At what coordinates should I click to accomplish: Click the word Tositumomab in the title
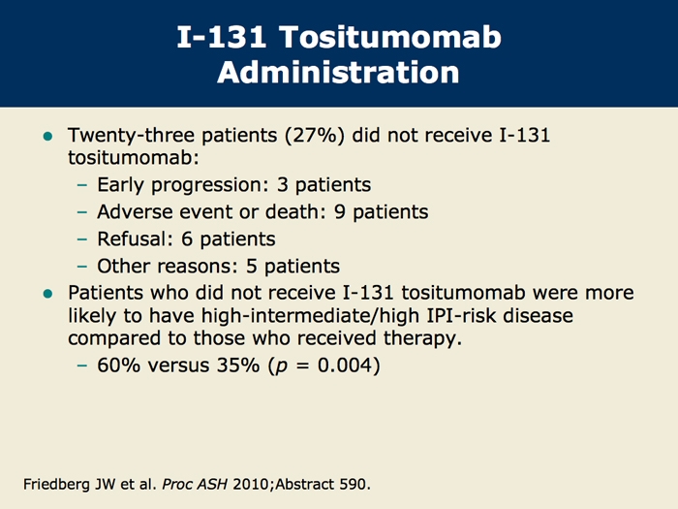click(390, 37)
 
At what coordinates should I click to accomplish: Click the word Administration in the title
click(338, 72)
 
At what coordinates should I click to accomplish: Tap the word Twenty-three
click(131, 136)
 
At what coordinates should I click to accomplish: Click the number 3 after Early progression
click(283, 185)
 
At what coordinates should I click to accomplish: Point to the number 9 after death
click(340, 212)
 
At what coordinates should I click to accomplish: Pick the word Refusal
click(133, 239)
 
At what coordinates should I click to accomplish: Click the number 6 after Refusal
click(187, 239)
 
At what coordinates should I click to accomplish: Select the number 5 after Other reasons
click(251, 267)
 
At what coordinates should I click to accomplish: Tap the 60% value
click(119, 366)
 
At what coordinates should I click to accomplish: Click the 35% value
click(238, 366)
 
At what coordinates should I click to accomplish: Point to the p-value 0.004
click(345, 366)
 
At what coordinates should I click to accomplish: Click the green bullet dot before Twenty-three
click(47, 137)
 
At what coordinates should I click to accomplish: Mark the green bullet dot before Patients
click(47, 295)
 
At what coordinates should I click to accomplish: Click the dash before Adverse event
click(82, 212)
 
